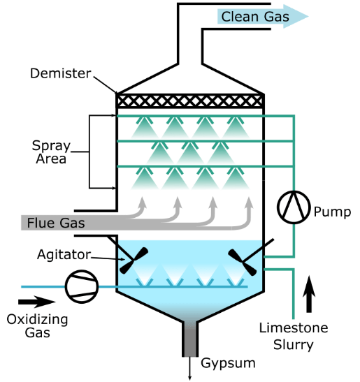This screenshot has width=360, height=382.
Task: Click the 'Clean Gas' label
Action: [x=254, y=17]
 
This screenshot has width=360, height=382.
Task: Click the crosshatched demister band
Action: [x=189, y=101]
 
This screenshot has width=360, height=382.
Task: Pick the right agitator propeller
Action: [x=245, y=260]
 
